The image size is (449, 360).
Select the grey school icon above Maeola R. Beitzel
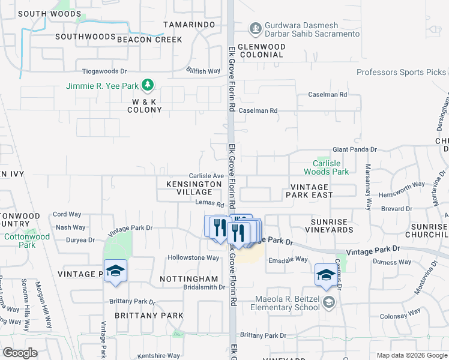pyautogui.click(x=327, y=302)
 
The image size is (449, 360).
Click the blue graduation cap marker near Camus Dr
pyautogui.click(x=326, y=275)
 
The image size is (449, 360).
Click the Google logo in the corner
pyautogui.click(x=20, y=353)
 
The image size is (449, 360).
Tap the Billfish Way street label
pyautogui.click(x=203, y=71)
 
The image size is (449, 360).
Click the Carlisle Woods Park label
pyautogui.click(x=330, y=167)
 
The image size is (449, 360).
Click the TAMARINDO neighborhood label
pyautogui.click(x=189, y=24)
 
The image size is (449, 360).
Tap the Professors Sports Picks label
pyautogui.click(x=401, y=72)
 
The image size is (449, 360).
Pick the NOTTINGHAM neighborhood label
pyautogui.click(x=188, y=279)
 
